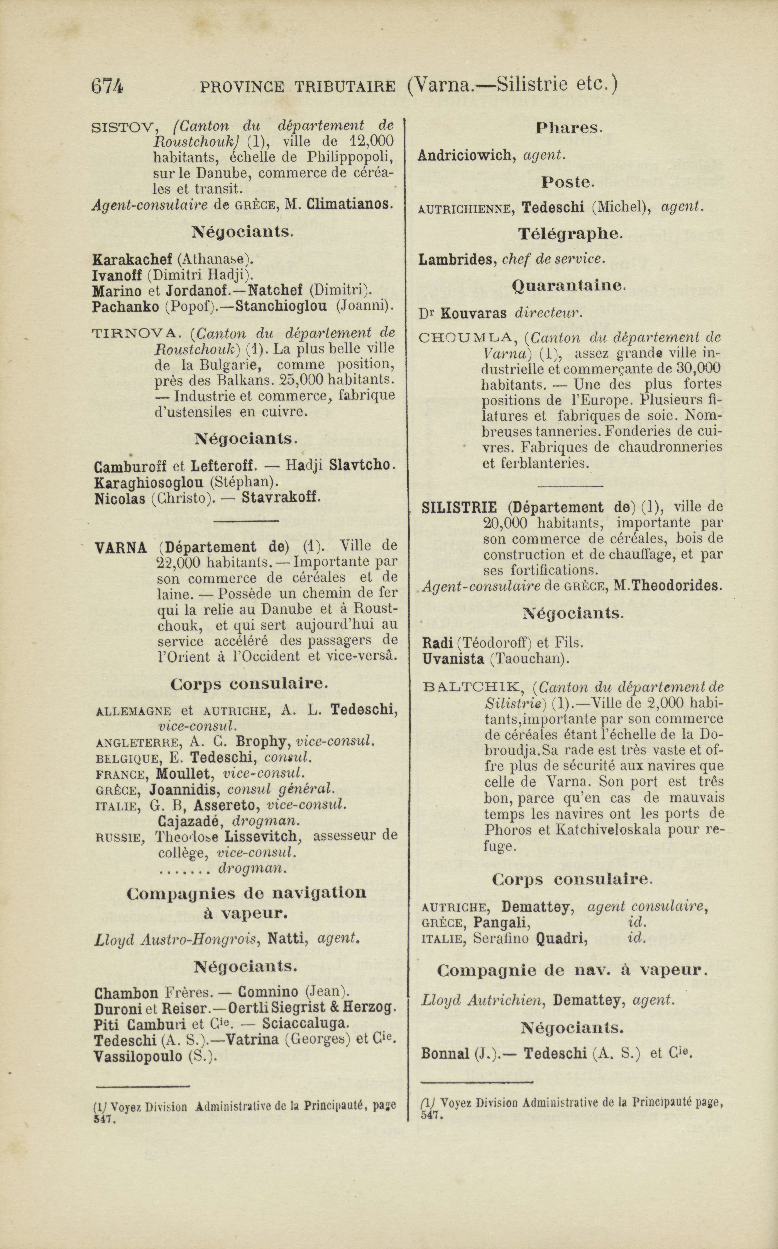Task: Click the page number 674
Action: coord(107,85)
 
